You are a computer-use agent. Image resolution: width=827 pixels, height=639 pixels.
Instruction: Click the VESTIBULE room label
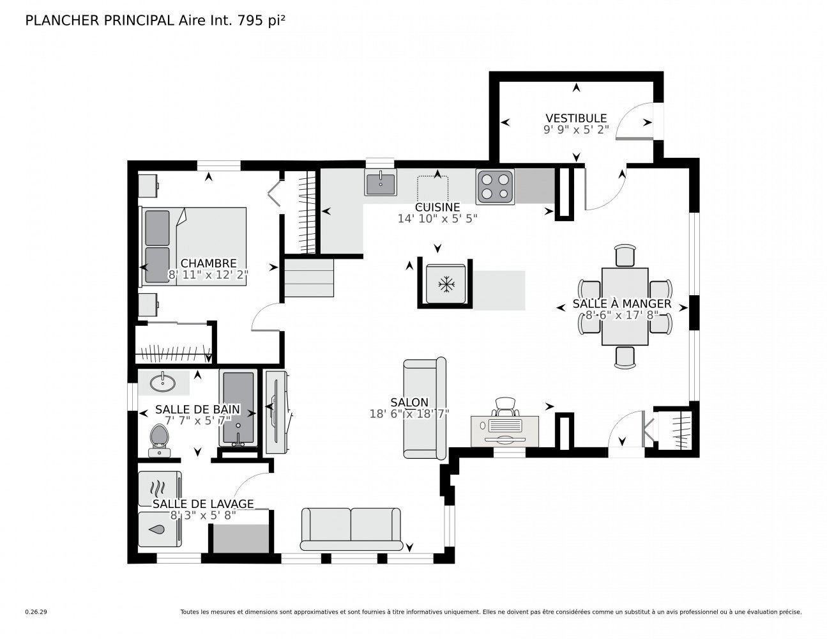575,118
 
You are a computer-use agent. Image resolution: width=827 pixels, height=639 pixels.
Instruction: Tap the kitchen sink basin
380,181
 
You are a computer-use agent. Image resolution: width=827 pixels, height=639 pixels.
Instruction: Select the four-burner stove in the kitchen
495,187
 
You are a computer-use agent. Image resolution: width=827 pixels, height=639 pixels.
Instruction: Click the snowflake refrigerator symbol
446,284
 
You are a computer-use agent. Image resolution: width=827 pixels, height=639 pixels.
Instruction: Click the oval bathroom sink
163,383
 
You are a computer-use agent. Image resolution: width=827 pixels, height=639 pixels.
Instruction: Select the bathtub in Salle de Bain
238,408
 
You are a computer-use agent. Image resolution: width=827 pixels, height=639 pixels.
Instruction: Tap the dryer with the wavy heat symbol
160,489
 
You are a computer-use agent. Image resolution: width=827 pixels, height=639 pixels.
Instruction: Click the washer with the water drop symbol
160,529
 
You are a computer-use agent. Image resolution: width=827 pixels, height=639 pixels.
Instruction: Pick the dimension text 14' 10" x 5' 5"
437,219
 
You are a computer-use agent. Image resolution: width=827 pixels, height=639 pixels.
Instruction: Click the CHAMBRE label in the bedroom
208,263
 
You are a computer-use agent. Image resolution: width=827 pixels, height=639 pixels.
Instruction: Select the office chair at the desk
505,406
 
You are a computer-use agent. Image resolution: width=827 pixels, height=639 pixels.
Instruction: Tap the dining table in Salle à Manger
624,307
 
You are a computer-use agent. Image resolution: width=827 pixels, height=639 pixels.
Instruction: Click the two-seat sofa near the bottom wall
351,529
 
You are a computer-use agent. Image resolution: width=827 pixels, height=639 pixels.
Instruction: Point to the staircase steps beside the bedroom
309,278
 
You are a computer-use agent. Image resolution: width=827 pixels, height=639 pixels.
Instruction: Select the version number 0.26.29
36,612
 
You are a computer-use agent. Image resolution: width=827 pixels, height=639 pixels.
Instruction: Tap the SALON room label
409,402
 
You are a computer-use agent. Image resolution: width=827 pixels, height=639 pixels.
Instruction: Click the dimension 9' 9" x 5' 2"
576,130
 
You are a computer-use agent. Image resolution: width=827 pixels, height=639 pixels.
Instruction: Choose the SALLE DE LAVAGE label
203,504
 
